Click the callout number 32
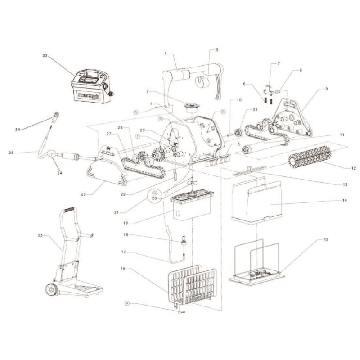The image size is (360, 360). coord(45,56)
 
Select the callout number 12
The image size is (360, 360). coord(353,168)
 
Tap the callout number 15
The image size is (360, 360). coord(326,240)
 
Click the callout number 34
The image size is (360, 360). coord(18,129)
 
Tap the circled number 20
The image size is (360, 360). coord(153,197)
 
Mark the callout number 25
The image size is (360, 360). coord(11,153)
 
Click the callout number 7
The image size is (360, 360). coord(279,63)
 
